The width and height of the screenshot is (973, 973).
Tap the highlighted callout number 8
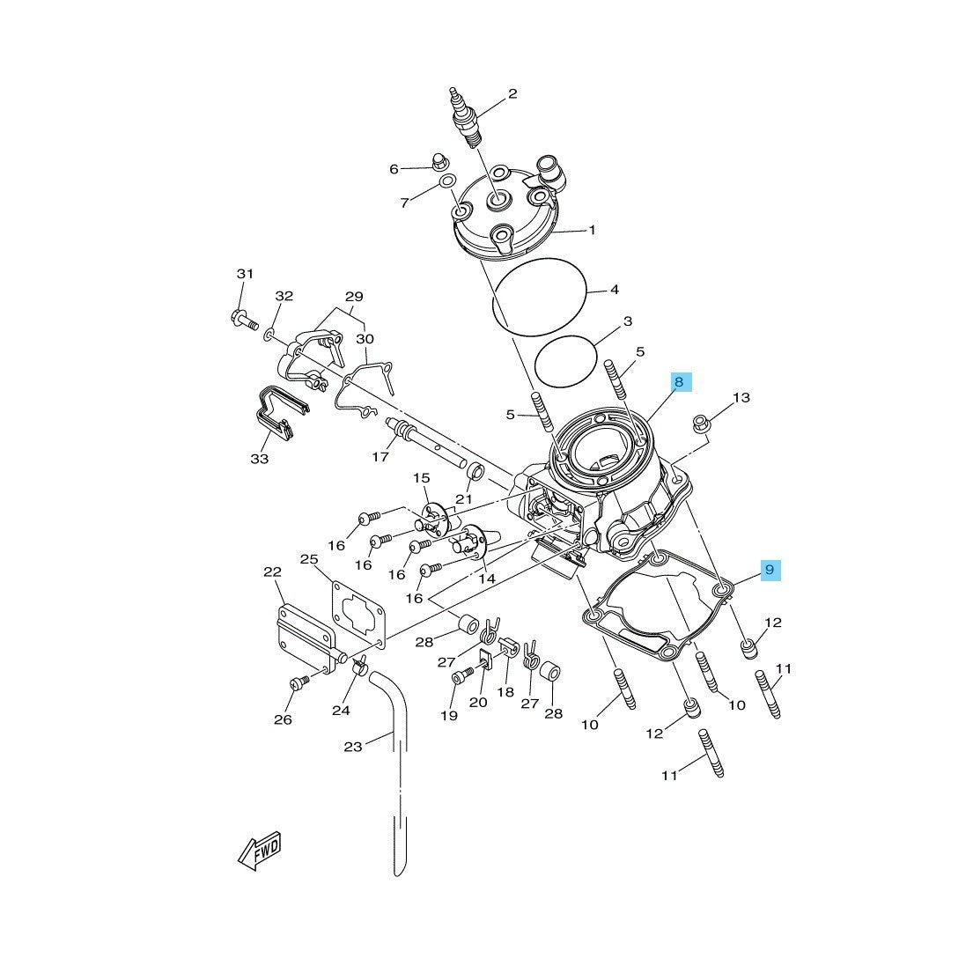679,382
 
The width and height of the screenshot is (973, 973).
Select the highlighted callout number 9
770,570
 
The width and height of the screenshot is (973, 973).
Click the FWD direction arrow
260,850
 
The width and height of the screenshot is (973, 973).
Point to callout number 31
245,274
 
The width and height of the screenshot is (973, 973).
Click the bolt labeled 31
244,320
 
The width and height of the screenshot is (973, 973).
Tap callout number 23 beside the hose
353,747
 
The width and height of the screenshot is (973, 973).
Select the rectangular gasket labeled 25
358,615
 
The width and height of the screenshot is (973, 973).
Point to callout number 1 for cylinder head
592,230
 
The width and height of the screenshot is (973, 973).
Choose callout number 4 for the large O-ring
615,290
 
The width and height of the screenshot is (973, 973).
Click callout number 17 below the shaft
380,457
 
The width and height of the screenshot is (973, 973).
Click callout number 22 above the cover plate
272,571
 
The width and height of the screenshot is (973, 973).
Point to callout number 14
487,579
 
